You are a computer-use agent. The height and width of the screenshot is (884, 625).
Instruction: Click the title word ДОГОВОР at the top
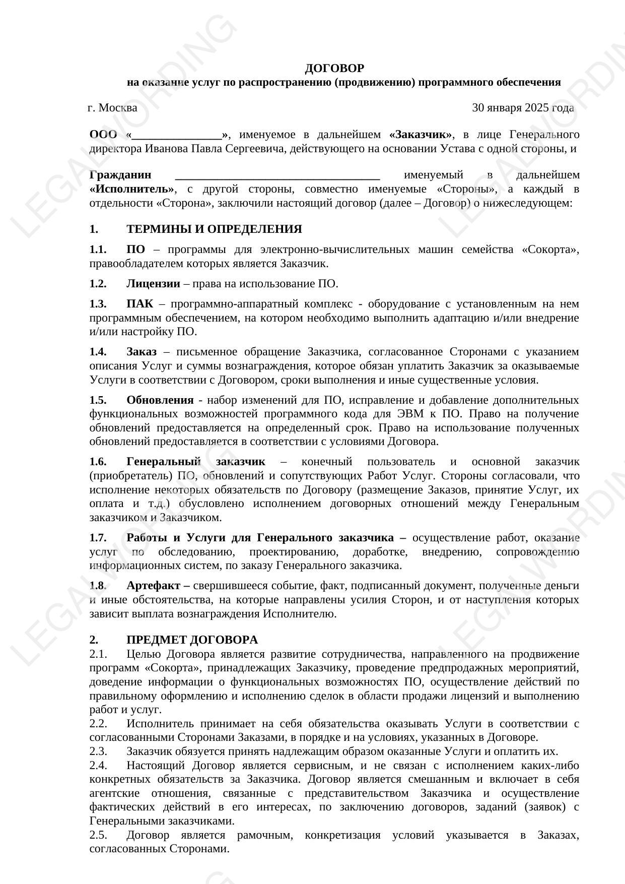pos(334,68)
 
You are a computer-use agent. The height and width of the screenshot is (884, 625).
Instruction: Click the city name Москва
pos(118,107)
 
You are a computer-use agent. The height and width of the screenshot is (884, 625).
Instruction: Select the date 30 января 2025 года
pos(523,107)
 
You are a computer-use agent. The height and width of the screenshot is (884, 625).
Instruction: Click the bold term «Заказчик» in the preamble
pos(421,135)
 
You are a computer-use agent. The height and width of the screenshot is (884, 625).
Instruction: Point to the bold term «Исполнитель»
pos(132,189)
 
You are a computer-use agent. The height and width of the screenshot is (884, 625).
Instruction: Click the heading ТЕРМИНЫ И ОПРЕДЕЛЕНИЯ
pos(214,229)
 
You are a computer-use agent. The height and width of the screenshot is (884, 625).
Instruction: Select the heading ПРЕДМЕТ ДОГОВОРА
pos(192,640)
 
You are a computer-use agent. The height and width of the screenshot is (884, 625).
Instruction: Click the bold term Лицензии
pos(153,283)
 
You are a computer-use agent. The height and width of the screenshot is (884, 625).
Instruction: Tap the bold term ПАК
pos(140,303)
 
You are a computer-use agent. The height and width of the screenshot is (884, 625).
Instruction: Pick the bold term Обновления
pos(160,400)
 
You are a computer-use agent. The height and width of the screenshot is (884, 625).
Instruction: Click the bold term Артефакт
pos(155,586)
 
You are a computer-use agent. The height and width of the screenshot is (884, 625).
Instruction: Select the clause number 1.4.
pos(98,351)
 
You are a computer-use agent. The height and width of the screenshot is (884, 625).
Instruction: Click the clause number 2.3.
pos(98,751)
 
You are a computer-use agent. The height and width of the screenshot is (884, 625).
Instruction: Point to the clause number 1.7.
pos(98,537)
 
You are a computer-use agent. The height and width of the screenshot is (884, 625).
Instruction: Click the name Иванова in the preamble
pos(164,149)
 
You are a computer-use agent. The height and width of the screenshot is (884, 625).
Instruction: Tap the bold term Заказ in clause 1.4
pos(141,351)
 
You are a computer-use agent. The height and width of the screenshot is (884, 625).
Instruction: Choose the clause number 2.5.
pos(98,835)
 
